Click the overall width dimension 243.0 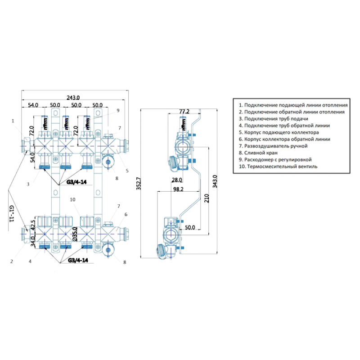73,97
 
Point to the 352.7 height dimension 138,184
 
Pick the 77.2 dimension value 184,111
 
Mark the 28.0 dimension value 176,180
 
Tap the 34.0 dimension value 32,243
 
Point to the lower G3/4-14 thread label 77,260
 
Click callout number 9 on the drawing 117,110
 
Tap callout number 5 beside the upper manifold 127,171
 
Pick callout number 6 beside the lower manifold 126,214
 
